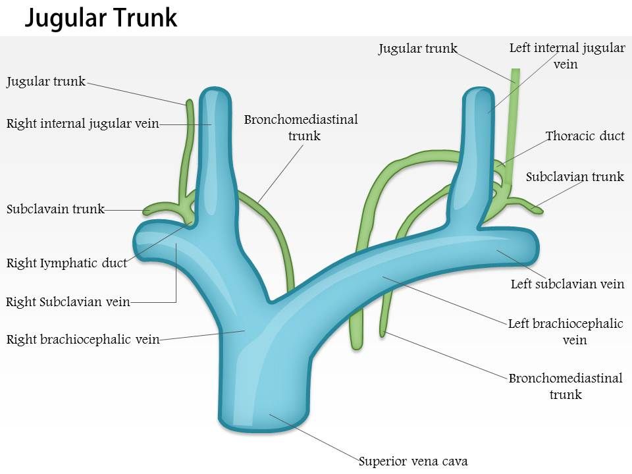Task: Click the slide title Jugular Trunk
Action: tap(101, 18)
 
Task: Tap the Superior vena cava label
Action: tap(413, 461)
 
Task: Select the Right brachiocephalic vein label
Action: tap(83, 340)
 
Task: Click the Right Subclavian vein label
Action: tap(68, 302)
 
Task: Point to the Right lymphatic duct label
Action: tap(66, 263)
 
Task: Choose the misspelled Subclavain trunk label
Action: tap(55, 209)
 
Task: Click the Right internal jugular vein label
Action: tap(82, 123)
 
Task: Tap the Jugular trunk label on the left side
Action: tap(46, 82)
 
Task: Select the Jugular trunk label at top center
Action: tap(417, 48)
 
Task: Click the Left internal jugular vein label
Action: tap(567, 55)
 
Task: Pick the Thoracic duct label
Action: tap(585, 136)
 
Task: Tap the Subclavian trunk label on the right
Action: tap(575, 176)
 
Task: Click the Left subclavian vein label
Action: tap(567, 284)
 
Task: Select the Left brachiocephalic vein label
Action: tap(566, 331)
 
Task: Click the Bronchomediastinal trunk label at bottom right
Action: tap(565, 386)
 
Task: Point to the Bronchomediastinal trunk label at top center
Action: tap(301, 127)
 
